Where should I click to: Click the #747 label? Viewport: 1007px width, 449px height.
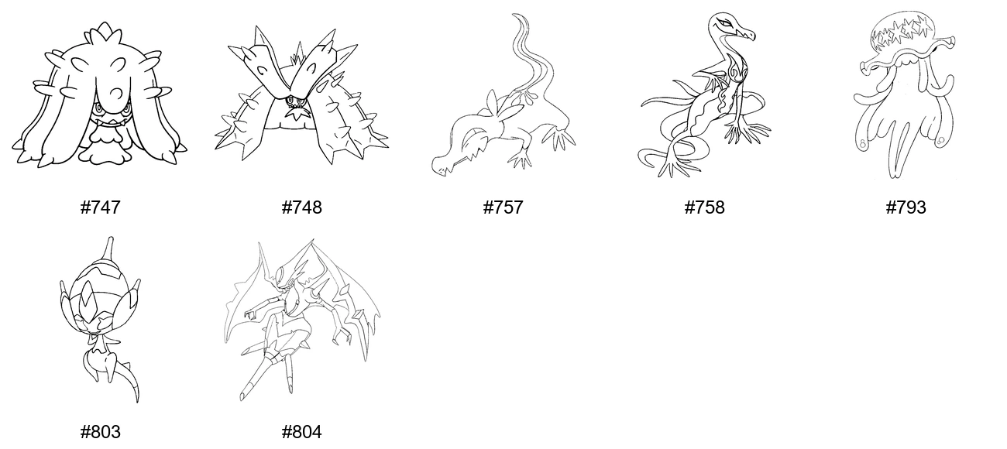(100, 207)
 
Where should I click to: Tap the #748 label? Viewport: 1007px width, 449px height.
(301, 207)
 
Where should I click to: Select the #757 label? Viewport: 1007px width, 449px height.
(503, 207)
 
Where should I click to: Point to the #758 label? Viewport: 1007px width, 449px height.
(704, 207)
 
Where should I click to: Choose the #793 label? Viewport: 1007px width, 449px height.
(906, 207)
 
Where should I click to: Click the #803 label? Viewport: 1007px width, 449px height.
(100, 433)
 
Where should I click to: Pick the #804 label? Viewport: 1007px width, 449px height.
(301, 433)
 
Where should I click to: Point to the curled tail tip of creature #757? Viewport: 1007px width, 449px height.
(518, 17)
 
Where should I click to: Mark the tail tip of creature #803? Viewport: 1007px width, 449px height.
(136, 399)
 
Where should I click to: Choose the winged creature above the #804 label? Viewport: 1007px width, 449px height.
(302, 320)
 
